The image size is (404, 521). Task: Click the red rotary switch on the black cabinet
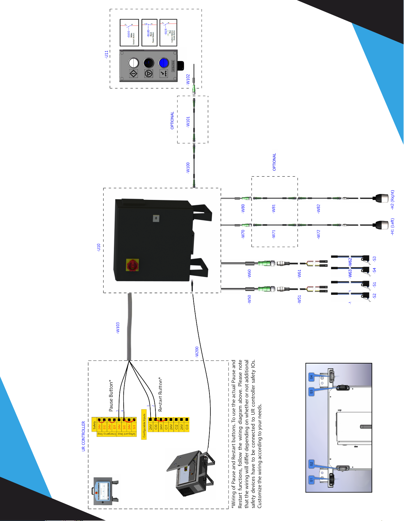click(x=132, y=265)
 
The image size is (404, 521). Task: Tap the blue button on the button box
click(x=164, y=63)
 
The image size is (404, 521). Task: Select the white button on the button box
click(x=133, y=63)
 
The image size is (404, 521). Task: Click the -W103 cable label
click(x=118, y=328)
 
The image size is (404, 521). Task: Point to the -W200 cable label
click(x=197, y=352)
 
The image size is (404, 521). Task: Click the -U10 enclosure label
click(x=99, y=248)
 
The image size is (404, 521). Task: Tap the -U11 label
click(x=107, y=54)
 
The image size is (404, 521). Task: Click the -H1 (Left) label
click(x=392, y=226)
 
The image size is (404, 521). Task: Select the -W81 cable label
click(x=274, y=208)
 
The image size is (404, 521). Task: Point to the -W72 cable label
click(x=319, y=234)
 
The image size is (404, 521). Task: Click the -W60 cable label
click(x=249, y=274)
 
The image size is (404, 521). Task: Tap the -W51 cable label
click(x=299, y=299)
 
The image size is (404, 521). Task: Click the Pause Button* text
click(x=111, y=396)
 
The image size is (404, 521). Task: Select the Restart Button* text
click(x=160, y=394)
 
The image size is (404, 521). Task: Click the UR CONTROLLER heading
click(x=84, y=436)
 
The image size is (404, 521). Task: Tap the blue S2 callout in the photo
click(x=311, y=464)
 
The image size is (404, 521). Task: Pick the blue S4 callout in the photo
click(x=311, y=377)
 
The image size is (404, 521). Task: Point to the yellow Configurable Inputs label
click(x=144, y=425)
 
